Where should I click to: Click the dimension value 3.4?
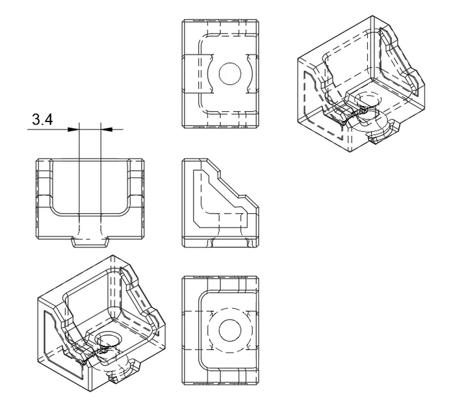coord(43,121)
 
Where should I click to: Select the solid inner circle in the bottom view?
coord(229,330)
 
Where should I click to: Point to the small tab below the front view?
coord(90,243)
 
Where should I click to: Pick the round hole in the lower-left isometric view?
coord(108,340)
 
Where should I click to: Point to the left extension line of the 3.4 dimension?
coord(78,169)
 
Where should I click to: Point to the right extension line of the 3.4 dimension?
coord(101,169)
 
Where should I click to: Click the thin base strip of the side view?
coord(220,242)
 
